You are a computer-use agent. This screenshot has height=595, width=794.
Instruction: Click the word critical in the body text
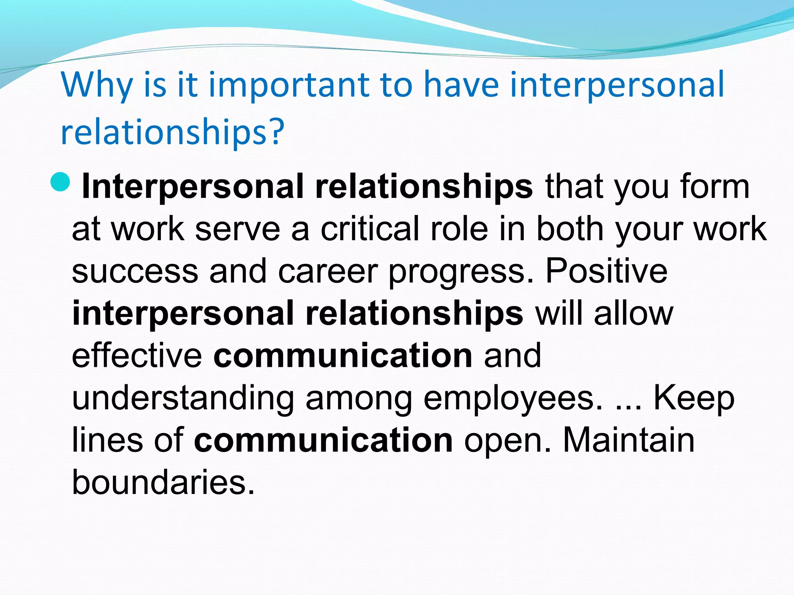click(x=370, y=229)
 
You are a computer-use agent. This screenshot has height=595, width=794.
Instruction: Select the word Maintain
click(x=628, y=440)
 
